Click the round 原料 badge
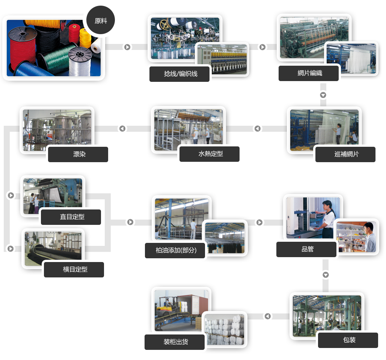click(101, 21)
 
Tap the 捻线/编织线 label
click(180, 74)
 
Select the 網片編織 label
click(309, 73)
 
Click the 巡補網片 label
click(345, 154)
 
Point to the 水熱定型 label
click(210, 154)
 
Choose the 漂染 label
click(78, 154)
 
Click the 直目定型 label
click(71, 217)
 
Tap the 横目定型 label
click(74, 270)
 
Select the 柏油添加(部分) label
click(175, 250)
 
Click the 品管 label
click(306, 249)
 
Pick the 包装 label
click(348, 340)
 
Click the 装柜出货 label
click(175, 342)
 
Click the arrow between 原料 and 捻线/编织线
click(128, 47)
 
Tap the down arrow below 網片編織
click(323, 95)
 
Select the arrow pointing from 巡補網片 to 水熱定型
click(257, 128)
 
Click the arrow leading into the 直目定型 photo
click(11, 195)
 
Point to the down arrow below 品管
click(326, 275)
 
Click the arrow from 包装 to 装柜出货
click(267, 316)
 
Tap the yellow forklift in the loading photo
click(166, 306)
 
